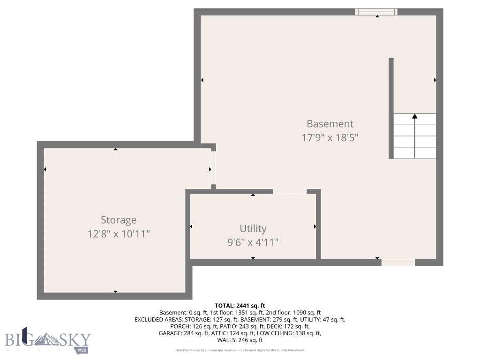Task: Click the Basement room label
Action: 330,124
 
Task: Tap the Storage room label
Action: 119,220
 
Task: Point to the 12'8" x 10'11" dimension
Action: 119,233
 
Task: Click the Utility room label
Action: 253,228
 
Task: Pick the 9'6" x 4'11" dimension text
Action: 253,242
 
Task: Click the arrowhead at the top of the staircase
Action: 414,116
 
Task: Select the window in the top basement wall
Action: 376,12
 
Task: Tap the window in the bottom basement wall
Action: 398,262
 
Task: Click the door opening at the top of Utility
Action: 289,191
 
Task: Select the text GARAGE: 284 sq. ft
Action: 182,333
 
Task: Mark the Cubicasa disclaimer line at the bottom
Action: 240,350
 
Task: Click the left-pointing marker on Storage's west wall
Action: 45,169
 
